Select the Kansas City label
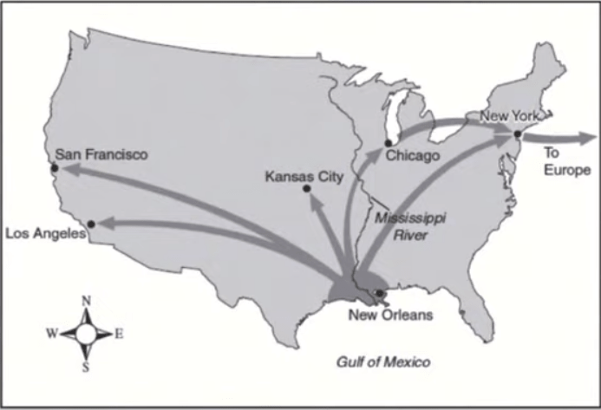(304, 177)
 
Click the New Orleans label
(389, 315)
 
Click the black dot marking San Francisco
(54, 169)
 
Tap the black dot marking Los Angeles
(91, 224)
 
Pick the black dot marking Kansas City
(306, 189)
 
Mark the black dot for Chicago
(388, 142)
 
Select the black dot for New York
(517, 134)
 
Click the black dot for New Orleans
(378, 293)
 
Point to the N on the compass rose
(86, 302)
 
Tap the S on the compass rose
(86, 366)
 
